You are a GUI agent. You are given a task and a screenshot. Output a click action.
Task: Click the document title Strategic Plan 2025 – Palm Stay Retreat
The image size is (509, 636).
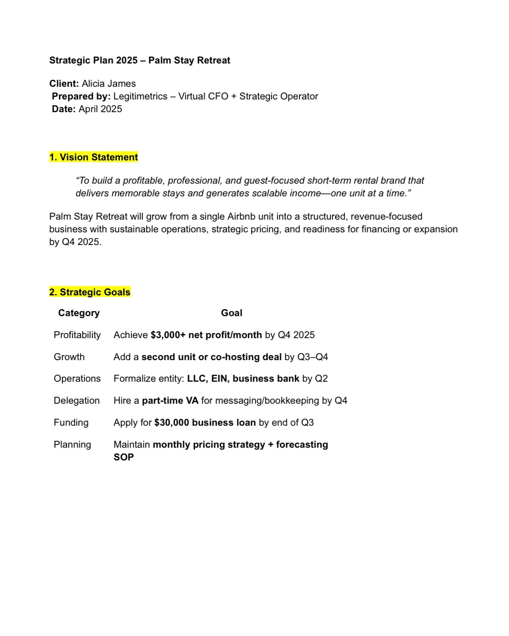coord(139,61)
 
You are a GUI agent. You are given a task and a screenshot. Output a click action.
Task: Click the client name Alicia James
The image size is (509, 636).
coord(109,84)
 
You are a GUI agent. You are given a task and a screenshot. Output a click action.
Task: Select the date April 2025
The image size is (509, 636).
coord(100,109)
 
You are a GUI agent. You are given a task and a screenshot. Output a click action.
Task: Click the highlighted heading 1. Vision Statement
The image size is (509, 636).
coord(94,157)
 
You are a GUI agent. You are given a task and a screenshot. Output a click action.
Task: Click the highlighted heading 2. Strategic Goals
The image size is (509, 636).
coord(90,292)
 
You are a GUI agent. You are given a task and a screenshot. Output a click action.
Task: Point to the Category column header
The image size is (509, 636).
coord(79,313)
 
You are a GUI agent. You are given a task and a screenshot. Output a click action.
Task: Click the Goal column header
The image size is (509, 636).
coord(232,313)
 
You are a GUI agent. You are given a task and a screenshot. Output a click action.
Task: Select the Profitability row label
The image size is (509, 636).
coord(77,335)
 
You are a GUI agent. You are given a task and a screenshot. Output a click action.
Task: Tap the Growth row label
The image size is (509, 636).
coord(69,357)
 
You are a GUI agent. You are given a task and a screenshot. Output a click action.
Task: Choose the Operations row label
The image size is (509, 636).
coord(77,379)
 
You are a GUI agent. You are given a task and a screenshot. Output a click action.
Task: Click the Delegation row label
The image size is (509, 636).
coord(77,401)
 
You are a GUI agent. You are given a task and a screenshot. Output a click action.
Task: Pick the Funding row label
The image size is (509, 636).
coord(71,423)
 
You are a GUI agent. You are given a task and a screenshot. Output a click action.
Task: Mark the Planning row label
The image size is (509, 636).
coord(72,445)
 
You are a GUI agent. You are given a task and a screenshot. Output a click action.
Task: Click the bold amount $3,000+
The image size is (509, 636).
coord(168,335)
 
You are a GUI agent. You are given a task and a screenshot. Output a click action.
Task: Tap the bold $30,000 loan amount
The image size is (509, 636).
coord(172,423)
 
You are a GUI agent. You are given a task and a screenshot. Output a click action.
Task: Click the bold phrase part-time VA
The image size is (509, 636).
coord(170,401)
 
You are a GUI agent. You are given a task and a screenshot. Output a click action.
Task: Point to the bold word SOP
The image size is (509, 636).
coord(124,457)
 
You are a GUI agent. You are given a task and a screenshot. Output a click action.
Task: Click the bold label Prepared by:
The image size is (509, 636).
coord(81,96)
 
